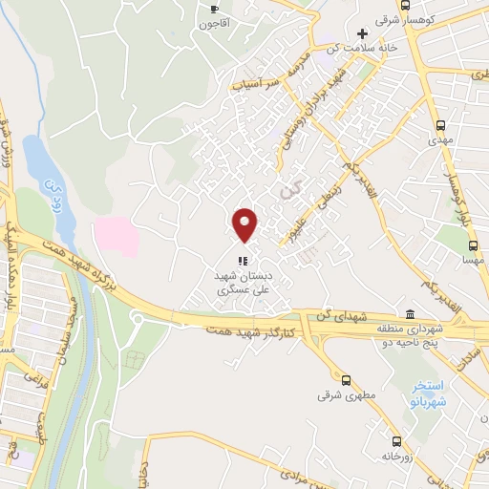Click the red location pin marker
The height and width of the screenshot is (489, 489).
[245, 224]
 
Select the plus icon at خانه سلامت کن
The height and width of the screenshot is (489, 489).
[362, 35]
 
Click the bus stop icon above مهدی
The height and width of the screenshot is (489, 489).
[440, 125]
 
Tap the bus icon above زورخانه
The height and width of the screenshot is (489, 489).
[394, 441]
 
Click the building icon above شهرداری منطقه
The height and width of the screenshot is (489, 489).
[410, 315]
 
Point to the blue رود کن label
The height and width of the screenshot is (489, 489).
[53, 185]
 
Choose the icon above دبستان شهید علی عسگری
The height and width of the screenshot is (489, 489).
[244, 260]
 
